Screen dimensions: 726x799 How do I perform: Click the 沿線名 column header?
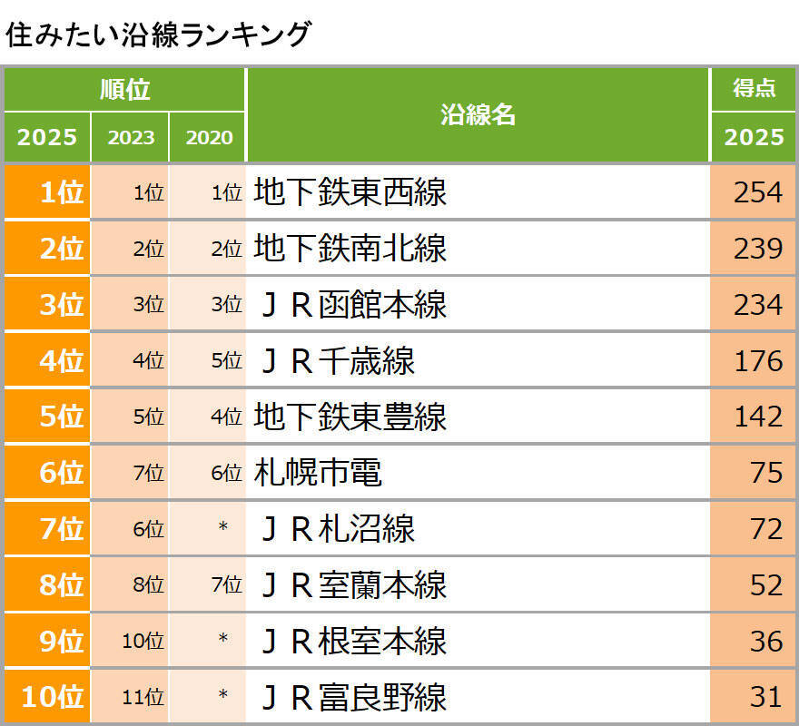tap(478, 114)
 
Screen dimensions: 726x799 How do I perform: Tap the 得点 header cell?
tap(754, 88)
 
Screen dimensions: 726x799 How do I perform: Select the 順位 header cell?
tap(124, 90)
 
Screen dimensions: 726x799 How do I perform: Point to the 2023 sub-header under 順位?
tap(131, 138)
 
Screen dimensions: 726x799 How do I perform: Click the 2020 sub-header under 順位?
tap(209, 138)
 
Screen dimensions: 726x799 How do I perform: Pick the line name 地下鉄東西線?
tap(350, 192)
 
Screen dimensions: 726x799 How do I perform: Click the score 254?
tap(757, 192)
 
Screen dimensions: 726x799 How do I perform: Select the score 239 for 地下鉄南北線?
tap(757, 249)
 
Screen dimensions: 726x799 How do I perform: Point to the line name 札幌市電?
tap(318, 473)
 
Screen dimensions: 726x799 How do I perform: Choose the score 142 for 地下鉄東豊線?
tap(757, 417)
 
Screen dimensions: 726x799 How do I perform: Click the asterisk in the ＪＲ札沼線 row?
tap(222, 529)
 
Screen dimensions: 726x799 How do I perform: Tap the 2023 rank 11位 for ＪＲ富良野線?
tap(143, 698)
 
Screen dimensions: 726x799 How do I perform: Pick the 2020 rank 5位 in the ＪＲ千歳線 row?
tap(226, 361)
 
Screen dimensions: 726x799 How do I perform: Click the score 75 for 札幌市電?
tap(765, 473)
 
